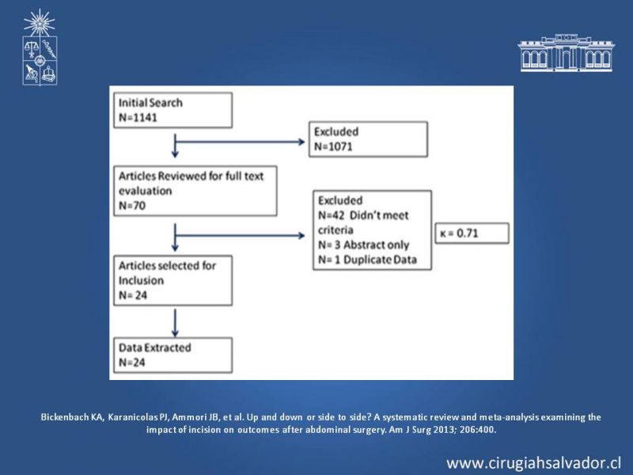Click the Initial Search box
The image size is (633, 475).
click(x=172, y=110)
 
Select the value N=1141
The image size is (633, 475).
click(x=138, y=117)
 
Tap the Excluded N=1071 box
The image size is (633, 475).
click(x=368, y=139)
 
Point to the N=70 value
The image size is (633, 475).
click(x=132, y=206)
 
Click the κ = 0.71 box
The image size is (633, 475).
click(x=472, y=233)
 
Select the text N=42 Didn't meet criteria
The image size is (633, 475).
click(x=363, y=222)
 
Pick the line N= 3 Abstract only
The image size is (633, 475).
click(x=363, y=245)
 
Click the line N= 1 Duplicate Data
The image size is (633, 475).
click(x=367, y=260)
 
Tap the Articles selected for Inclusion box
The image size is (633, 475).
click(x=172, y=280)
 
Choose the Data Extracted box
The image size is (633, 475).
click(x=172, y=355)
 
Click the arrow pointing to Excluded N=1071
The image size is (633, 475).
click(x=240, y=142)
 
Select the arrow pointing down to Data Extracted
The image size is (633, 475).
click(x=175, y=323)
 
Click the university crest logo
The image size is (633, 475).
click(x=40, y=47)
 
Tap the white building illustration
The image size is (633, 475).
click(x=566, y=53)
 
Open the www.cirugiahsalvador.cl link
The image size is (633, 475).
click(x=533, y=462)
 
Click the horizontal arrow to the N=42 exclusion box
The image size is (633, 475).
click(x=240, y=235)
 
